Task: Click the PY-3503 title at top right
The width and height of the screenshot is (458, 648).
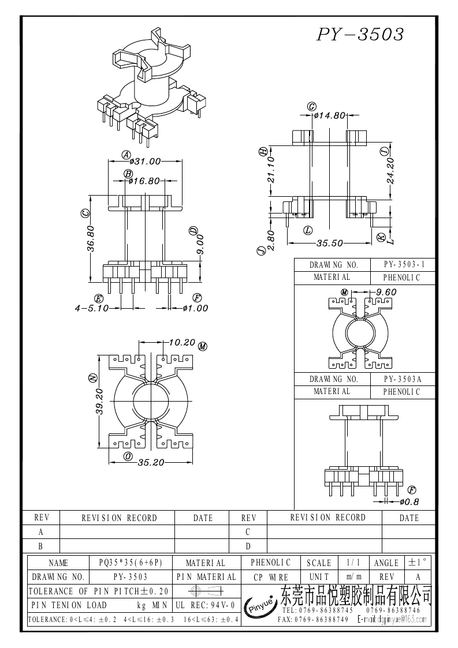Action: coord(360,35)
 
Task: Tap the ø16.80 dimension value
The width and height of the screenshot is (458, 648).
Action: coord(144,181)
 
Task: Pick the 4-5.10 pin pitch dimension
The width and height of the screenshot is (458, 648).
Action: coord(92,308)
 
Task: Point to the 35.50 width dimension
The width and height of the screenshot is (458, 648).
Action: coord(330,243)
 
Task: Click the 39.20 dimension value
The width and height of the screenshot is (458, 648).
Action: coord(99,402)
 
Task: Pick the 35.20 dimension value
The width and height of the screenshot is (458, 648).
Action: coord(151,462)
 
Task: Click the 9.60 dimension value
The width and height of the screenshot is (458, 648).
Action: coord(386,292)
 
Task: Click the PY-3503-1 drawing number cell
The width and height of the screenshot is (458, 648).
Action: coord(404,265)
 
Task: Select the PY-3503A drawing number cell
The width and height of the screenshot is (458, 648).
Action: coord(403,379)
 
